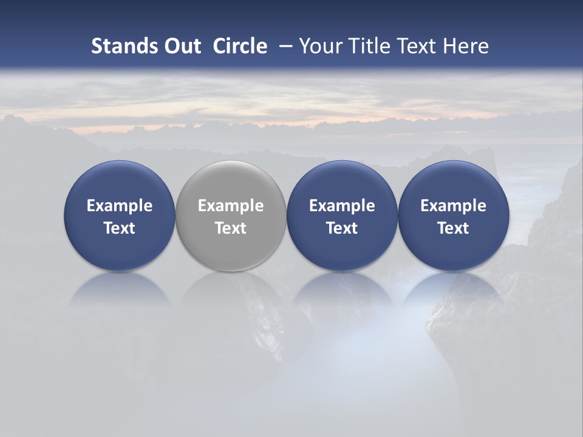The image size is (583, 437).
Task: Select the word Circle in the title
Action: point(240,46)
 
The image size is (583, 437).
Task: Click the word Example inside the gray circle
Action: point(231,206)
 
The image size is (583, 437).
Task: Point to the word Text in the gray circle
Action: point(231,228)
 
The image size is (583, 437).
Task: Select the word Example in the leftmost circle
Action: point(119,206)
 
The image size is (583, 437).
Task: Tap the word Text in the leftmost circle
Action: point(119,228)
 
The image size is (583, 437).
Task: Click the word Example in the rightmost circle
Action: point(453,206)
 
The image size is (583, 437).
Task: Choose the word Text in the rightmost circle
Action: point(453,228)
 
